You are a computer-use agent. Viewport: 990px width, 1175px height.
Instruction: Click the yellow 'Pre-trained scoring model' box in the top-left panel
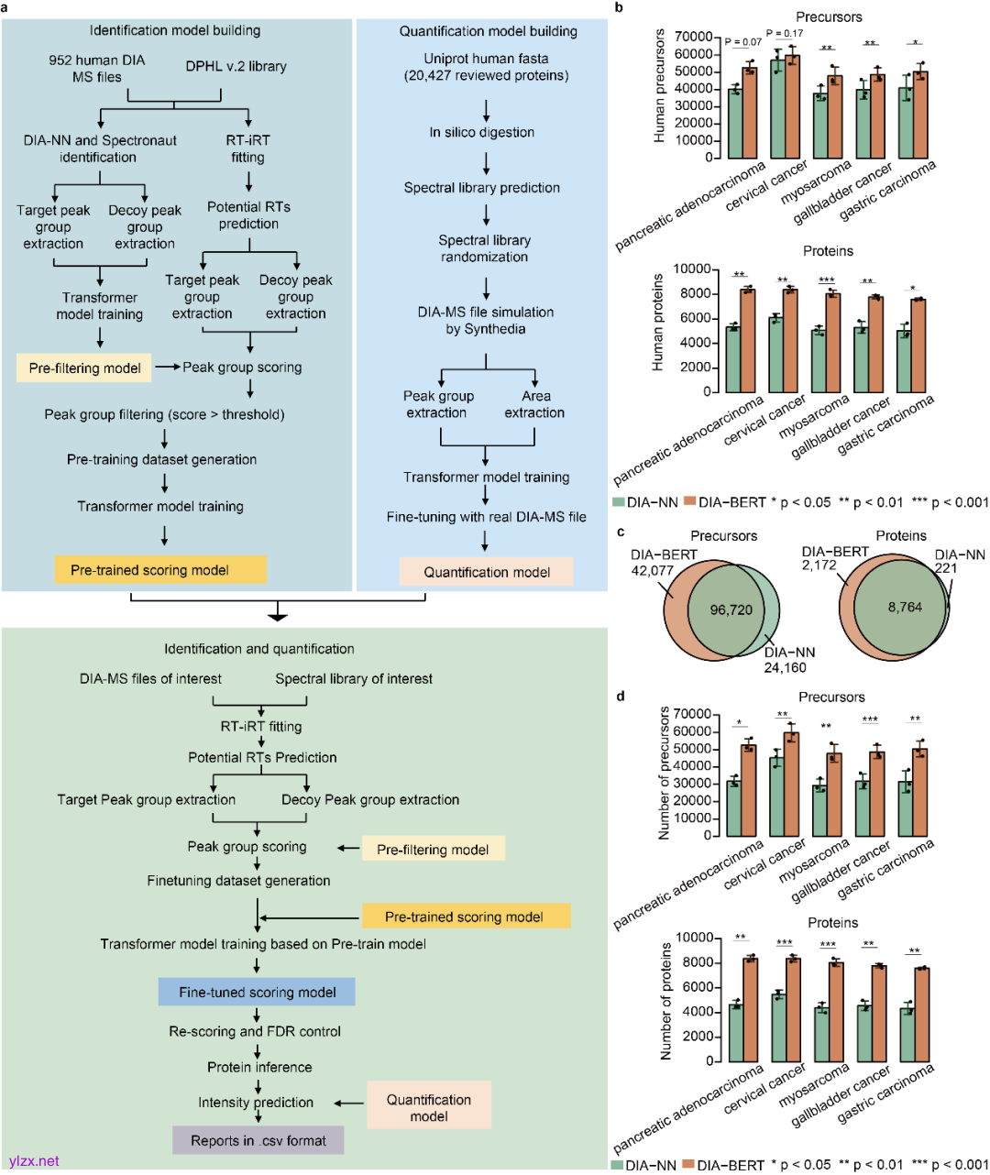point(159,570)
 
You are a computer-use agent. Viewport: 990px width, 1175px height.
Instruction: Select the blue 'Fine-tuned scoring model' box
point(257,992)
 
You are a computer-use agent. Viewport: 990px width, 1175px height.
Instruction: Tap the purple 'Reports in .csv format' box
point(258,1140)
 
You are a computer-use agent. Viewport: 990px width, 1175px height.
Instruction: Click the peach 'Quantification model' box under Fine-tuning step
point(486,572)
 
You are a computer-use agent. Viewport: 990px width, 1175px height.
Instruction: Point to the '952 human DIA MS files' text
point(96,69)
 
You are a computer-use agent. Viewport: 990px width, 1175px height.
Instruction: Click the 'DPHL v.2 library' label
point(236,66)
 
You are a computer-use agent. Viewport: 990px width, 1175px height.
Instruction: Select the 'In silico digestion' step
point(481,132)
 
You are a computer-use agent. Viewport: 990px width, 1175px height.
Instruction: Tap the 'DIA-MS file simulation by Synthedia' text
point(485,320)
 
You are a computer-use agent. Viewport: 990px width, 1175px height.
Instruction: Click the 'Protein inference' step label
point(259,1067)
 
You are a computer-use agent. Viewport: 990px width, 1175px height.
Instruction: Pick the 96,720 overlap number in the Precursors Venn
point(731,609)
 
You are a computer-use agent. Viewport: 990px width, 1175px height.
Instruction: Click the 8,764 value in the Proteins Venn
point(904,607)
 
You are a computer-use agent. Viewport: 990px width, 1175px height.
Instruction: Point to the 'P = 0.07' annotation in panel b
point(742,42)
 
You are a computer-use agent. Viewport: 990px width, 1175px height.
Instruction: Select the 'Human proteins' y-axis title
point(657,323)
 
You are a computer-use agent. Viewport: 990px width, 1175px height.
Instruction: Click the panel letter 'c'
point(621,532)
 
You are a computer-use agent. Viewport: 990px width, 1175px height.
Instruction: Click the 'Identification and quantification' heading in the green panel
point(258,649)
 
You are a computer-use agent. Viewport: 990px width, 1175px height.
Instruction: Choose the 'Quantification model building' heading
point(488,31)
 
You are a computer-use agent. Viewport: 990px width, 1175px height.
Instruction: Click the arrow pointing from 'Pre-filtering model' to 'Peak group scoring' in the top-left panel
point(167,367)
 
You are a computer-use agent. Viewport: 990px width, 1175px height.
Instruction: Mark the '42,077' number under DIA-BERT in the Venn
point(652,570)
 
